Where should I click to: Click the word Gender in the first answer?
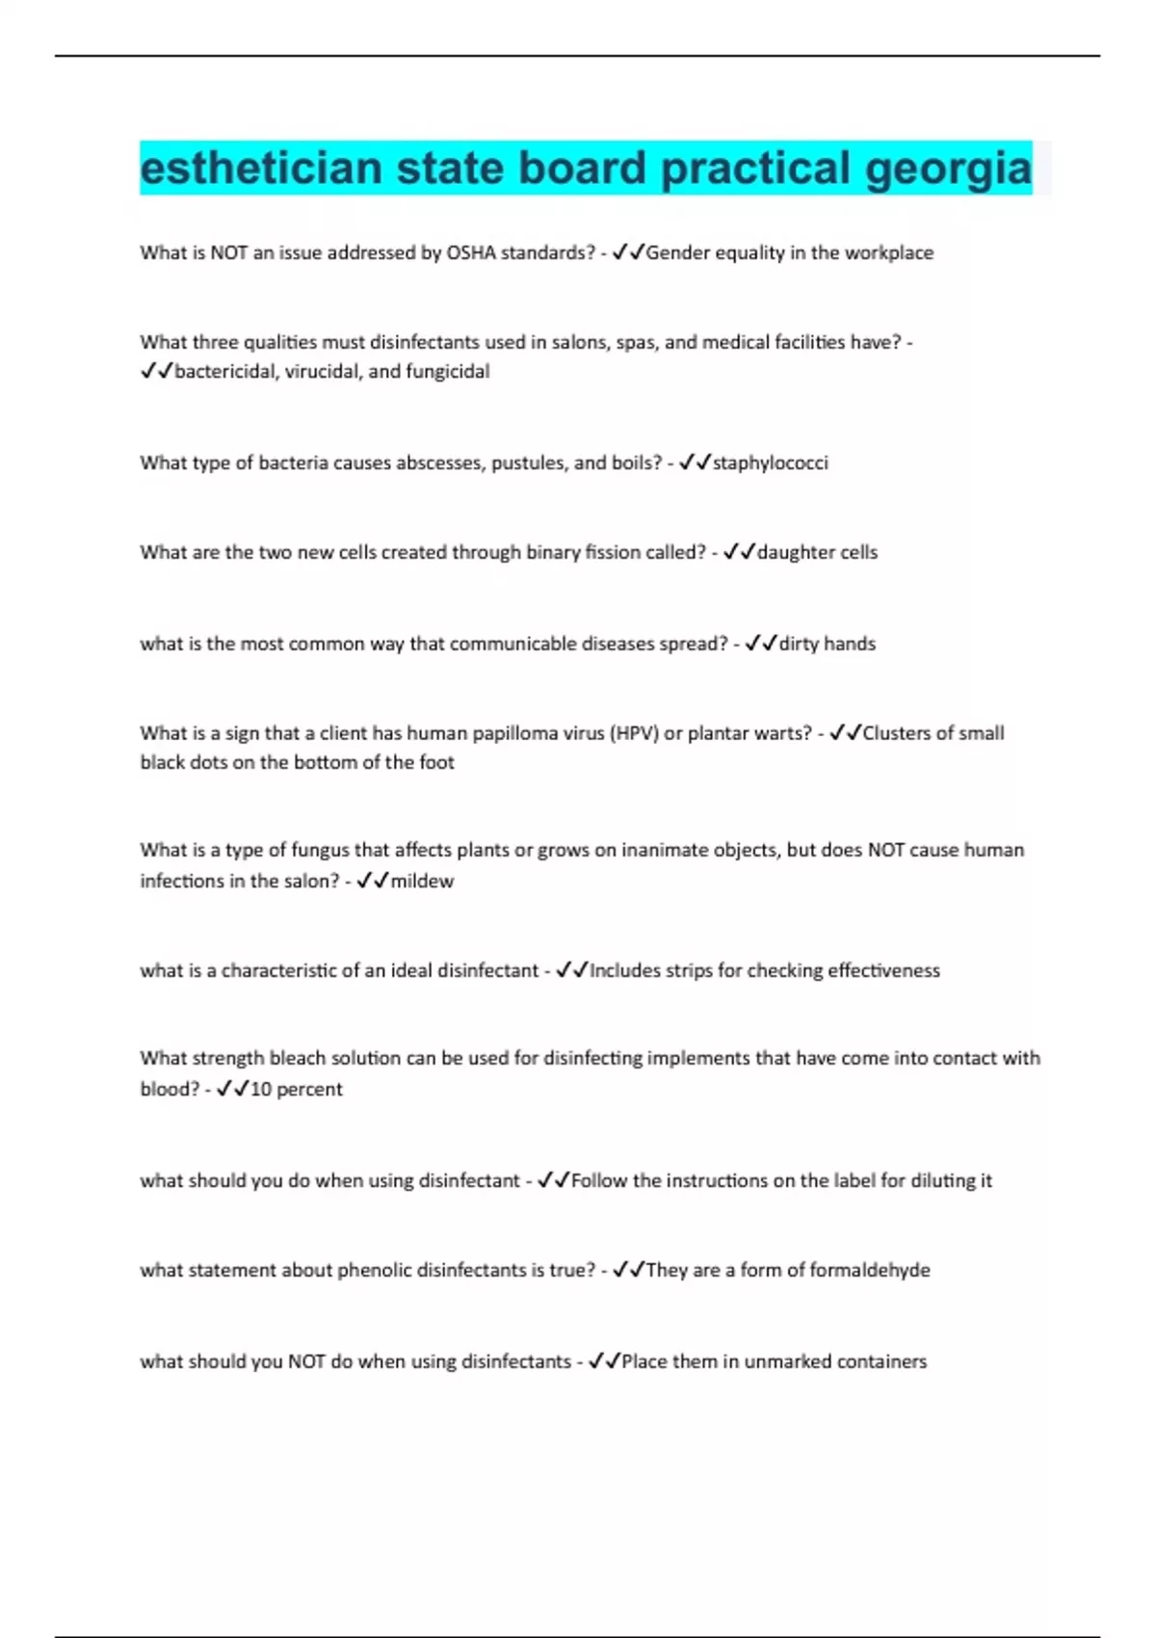coord(676,252)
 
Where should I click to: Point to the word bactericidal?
coord(225,371)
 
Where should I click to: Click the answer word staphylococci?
coord(770,462)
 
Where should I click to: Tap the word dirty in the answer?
coord(799,644)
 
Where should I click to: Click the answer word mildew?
coord(422,881)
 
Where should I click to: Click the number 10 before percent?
coord(260,1089)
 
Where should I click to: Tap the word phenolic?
coord(379,1270)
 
